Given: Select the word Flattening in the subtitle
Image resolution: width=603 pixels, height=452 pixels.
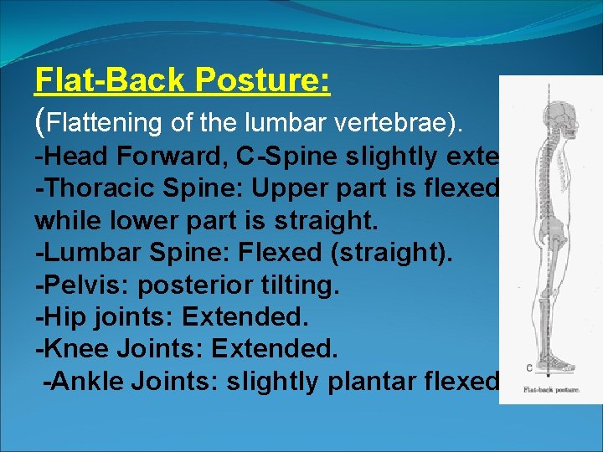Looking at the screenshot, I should pyautogui.click(x=105, y=122).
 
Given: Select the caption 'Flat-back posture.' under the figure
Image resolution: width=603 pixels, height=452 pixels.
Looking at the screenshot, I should pyautogui.click(x=550, y=389).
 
